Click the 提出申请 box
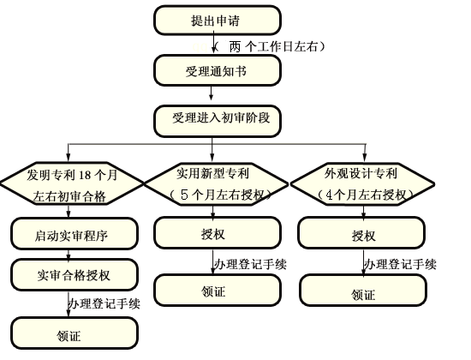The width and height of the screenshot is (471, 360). coord(218,20)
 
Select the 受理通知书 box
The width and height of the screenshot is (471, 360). coord(218,70)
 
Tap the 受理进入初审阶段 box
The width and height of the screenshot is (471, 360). coord(218,119)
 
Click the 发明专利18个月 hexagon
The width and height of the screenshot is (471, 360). coord(72,184)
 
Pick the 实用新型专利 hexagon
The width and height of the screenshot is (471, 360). coord(218,183)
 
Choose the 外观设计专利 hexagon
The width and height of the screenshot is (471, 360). coord(362,183)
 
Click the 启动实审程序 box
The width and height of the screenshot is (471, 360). coord(72,232)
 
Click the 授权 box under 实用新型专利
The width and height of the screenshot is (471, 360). coord(218,233)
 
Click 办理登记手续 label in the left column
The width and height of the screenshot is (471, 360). coord(104,303)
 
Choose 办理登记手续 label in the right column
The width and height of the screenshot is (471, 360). coord(400,263)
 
